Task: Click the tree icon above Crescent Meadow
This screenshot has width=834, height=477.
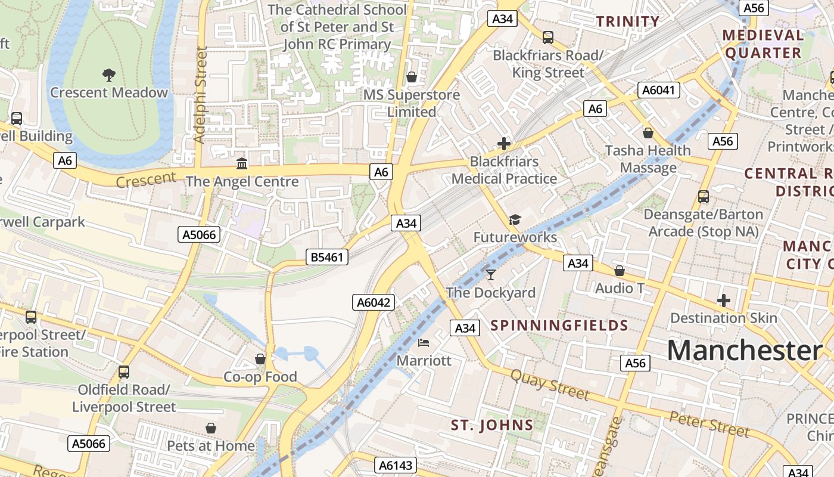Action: coord(108,75)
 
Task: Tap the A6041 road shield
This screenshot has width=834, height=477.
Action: coord(658,90)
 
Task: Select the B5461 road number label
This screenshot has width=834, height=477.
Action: coord(326,257)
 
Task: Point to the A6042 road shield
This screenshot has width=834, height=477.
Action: coord(374,302)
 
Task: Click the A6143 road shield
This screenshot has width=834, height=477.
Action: coord(396,466)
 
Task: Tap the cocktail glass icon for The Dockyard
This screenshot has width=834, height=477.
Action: coord(490,274)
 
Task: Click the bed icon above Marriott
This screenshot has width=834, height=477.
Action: coord(424,342)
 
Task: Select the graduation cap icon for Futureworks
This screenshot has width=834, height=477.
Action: coord(515,219)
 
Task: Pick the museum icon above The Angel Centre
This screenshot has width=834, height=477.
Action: coord(242,163)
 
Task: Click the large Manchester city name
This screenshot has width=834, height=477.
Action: coord(744,350)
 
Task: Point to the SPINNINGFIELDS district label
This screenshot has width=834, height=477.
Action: coord(559,325)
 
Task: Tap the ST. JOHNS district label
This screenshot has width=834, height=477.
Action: coord(491,425)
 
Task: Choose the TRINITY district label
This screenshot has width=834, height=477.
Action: coord(628,21)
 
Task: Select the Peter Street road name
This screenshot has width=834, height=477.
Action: coord(709,423)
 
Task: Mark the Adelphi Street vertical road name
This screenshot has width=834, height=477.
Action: coord(201,95)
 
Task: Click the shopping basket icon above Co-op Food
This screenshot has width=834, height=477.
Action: coord(260,359)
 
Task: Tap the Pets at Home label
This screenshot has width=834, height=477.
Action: coord(210,445)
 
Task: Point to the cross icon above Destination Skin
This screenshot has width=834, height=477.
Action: coord(724,301)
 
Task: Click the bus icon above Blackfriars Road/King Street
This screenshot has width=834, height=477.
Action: coord(548,38)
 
